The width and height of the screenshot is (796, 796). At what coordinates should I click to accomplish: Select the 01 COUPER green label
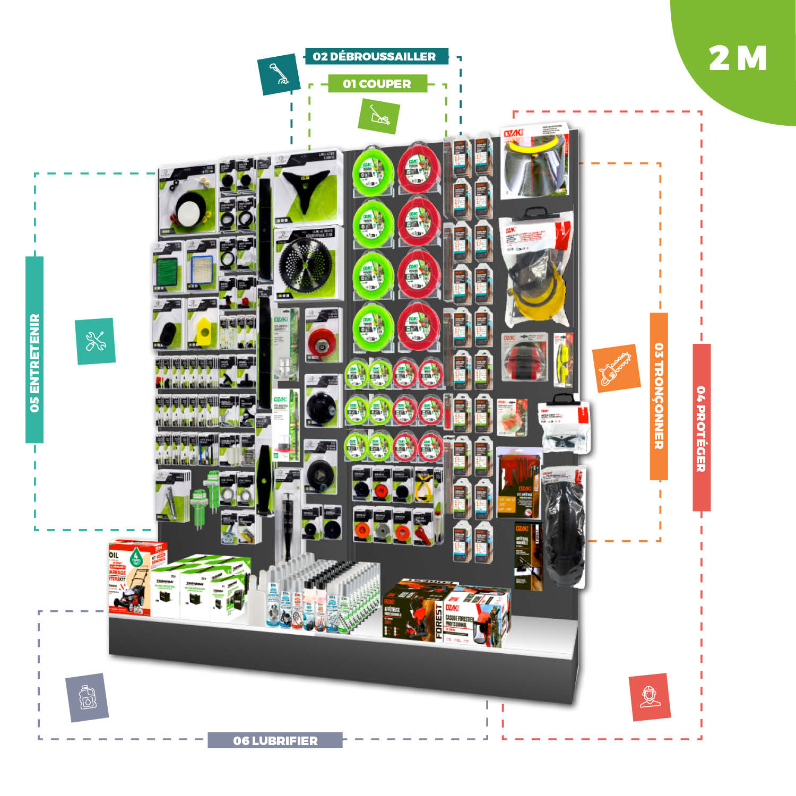[377, 84]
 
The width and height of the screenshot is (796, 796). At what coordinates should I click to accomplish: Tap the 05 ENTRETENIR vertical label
[34, 350]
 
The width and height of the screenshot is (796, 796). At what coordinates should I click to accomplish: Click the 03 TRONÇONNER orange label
[659, 396]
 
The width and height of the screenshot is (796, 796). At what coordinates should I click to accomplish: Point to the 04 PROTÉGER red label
[701, 428]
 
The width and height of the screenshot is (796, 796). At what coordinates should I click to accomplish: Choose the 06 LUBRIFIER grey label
[275, 740]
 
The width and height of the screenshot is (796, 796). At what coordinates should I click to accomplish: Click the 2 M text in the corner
[738, 58]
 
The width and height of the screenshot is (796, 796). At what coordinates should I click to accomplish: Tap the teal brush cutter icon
[279, 74]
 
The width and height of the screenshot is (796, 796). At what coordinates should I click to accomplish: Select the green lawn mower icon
[378, 115]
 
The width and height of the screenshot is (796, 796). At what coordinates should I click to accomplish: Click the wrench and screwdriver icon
[96, 341]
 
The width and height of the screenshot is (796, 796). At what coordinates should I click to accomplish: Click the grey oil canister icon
[87, 697]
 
